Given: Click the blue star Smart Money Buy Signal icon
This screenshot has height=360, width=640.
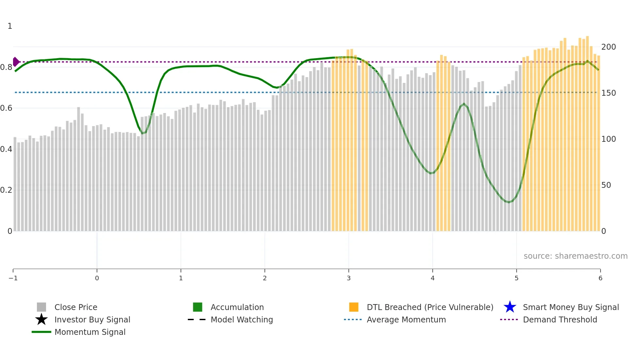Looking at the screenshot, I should pos(510,307).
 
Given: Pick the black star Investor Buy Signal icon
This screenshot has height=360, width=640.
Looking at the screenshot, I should pos(41,319).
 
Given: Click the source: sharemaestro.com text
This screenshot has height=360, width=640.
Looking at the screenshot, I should pos(575,256).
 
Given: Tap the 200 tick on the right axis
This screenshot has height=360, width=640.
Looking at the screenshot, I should pos(608,47).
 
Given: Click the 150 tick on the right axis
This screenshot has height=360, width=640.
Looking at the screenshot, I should pos(608,93).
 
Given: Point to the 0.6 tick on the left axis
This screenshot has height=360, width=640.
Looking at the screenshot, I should pos(6,108).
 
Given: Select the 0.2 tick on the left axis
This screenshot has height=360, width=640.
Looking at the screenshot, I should pos(6,190).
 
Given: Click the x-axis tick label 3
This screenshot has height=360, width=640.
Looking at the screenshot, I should pos(348,278).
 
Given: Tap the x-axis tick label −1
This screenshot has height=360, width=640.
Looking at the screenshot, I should pos(13,278).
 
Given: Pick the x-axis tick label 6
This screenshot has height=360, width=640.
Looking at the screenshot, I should pos(600,278).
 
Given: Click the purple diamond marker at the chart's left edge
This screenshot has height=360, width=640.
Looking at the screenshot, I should pos(16,62).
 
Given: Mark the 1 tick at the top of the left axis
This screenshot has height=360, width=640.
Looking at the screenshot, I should pos(10,26).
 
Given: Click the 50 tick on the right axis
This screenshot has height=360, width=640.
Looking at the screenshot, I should pos(606,185).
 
